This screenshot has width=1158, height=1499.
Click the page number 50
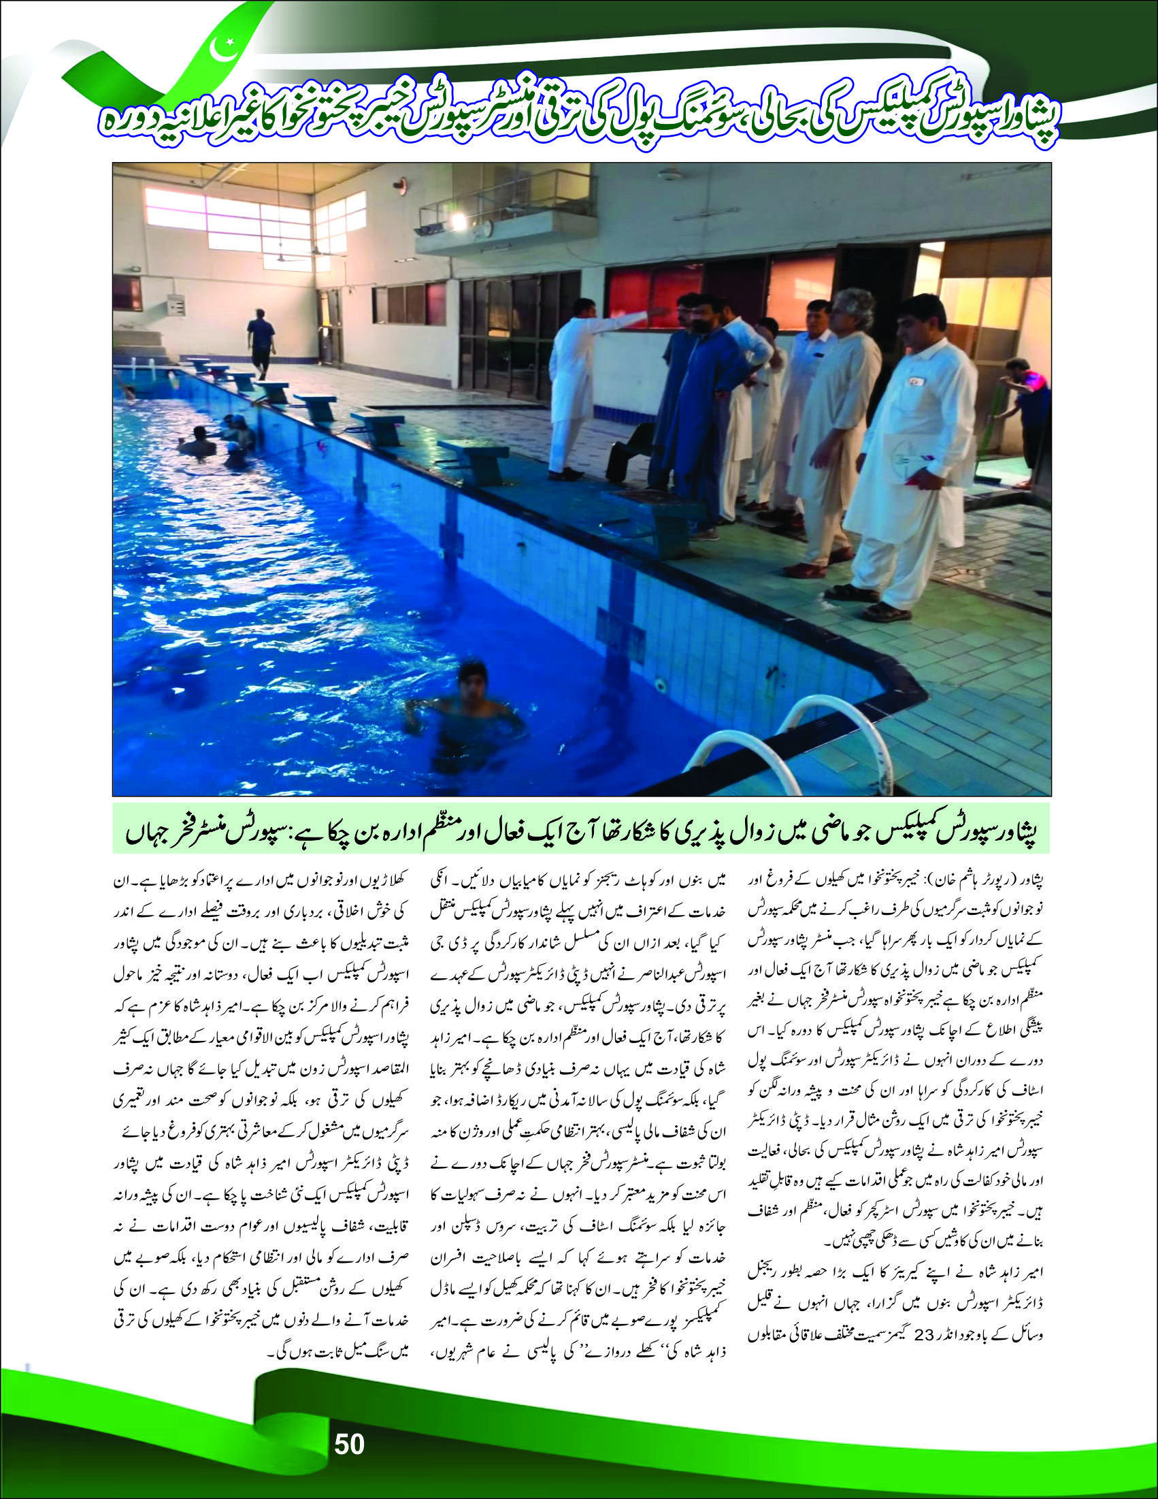(x=349, y=1444)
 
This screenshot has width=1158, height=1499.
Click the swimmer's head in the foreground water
(x=472, y=675)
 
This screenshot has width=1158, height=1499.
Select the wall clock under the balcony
(x=487, y=228)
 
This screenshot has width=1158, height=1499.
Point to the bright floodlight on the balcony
(x=459, y=221)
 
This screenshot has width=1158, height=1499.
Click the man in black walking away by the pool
(x=261, y=341)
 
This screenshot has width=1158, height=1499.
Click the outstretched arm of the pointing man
(x=628, y=317)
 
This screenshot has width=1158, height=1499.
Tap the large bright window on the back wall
(x=227, y=220)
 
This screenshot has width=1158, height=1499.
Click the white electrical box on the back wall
(x=176, y=304)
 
